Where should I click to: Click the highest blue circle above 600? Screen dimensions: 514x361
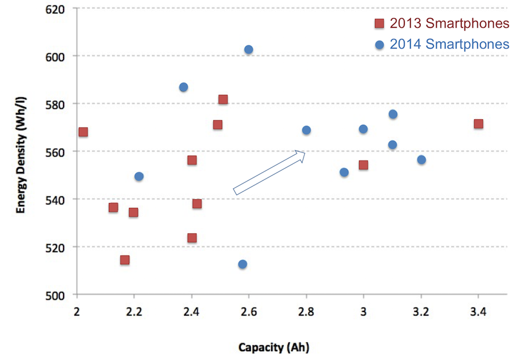248,50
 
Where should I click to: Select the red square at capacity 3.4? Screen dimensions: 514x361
479,124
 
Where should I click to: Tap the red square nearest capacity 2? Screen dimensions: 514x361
83,132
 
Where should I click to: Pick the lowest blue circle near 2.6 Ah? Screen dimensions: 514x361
242,264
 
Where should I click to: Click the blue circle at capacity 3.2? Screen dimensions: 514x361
421,160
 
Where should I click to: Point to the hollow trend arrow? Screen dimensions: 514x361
269,173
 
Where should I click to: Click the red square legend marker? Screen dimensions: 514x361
379,24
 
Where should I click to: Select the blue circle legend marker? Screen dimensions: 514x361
379,45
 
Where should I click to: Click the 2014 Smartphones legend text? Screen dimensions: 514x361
449,44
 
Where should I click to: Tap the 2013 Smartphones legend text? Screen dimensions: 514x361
449,23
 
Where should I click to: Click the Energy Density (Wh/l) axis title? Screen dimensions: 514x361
21,155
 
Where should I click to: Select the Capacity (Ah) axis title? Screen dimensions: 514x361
274,347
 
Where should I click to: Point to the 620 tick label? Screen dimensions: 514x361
54,10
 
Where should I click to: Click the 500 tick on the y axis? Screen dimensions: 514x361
54,296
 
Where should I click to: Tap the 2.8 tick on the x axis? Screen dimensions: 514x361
306,311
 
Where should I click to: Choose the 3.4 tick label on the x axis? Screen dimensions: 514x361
478,311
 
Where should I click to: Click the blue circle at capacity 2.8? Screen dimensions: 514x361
306,130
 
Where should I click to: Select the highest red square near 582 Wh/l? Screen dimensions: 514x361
223,99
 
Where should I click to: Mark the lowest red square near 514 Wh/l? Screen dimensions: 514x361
125,260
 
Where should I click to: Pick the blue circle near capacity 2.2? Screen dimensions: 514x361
139,176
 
